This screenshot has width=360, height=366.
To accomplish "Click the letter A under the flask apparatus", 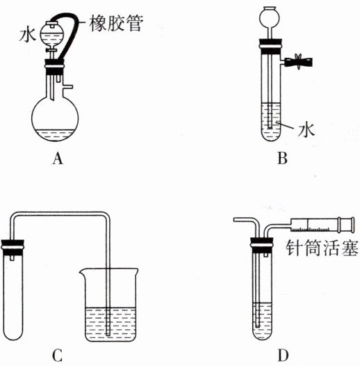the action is click(58, 159).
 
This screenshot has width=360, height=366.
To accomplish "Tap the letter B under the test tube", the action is click(282, 158).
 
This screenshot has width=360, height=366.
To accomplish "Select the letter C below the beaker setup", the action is click(57, 356).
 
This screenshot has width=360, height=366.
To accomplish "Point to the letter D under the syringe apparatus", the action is click(283, 356).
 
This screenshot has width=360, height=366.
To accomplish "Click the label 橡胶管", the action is click(116, 23).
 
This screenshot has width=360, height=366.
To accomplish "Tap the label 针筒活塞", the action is click(322, 248).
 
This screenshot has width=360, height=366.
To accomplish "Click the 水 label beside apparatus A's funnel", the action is click(28, 35).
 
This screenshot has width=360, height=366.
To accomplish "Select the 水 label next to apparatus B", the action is click(306, 130).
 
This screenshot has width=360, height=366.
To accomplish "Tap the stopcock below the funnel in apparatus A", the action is click(51, 50).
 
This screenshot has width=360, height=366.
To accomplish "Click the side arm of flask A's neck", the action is click(67, 87).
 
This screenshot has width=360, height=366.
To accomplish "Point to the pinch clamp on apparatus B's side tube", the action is click(298, 62).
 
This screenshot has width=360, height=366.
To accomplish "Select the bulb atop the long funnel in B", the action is click(270, 17).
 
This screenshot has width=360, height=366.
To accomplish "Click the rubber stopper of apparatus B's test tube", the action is click(270, 46).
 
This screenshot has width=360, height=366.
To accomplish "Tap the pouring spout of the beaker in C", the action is click(82, 271).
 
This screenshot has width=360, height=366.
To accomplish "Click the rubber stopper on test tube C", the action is click(13, 248).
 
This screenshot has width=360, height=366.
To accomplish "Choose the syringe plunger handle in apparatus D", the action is click(346, 225).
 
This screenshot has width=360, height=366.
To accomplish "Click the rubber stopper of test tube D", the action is click(262, 246).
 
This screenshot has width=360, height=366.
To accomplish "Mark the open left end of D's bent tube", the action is click(234, 219).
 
